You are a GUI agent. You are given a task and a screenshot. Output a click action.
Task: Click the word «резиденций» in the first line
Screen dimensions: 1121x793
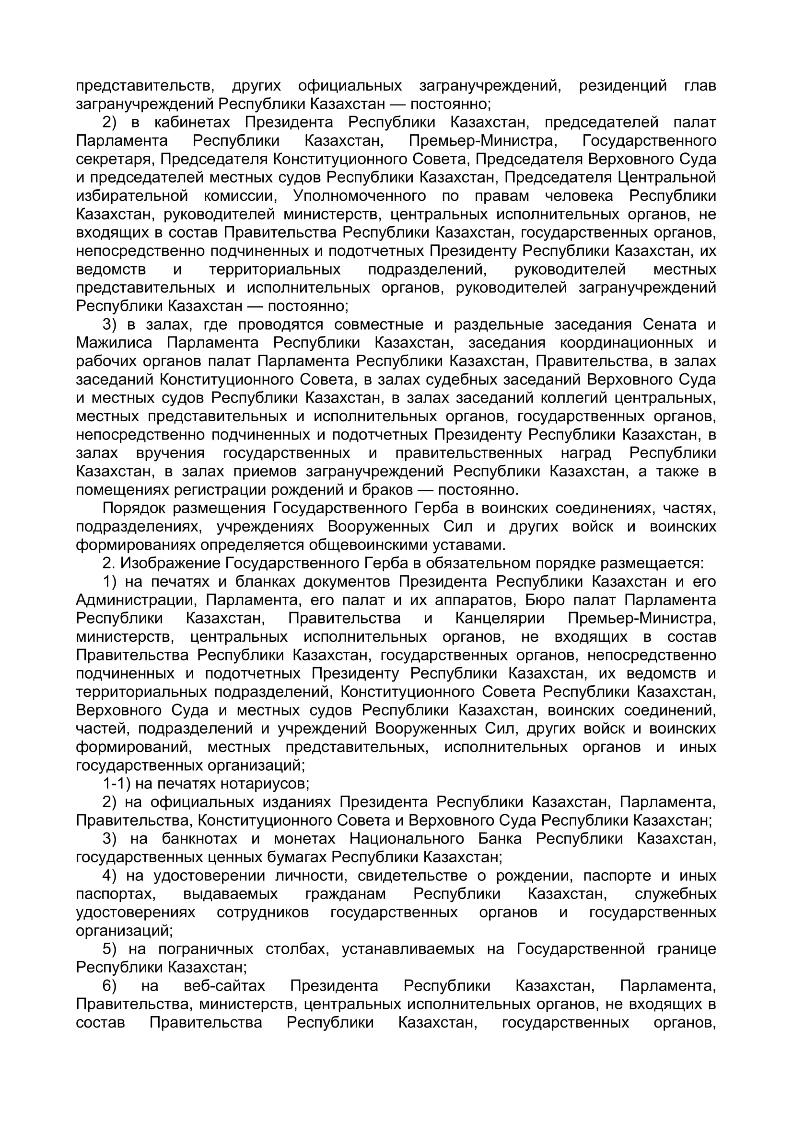point(623,86)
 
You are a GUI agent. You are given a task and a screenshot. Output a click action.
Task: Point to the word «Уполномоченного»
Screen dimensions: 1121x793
point(360,196)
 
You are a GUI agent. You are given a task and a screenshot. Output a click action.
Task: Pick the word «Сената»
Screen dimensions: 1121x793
point(669,324)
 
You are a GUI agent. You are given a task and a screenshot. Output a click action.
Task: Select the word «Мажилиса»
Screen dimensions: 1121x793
point(114,343)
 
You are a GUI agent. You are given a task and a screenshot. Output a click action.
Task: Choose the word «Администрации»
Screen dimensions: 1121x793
point(136,601)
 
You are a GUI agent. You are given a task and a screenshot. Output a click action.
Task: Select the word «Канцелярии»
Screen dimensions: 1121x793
point(500,619)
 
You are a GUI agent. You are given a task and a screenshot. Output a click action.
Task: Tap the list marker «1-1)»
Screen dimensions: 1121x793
point(116,784)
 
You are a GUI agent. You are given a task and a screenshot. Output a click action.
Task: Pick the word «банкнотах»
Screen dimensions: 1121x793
point(199,839)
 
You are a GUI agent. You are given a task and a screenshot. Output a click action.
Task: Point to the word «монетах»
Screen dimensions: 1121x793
point(304,839)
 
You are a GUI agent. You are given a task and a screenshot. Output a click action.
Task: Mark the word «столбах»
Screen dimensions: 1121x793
point(297,949)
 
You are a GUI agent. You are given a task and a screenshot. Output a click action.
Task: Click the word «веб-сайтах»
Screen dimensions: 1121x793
point(224,986)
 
